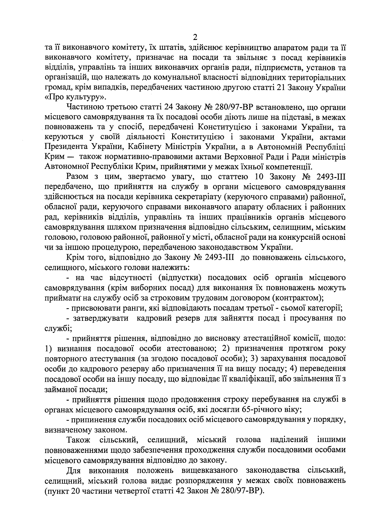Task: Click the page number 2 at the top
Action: pos(195,37)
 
